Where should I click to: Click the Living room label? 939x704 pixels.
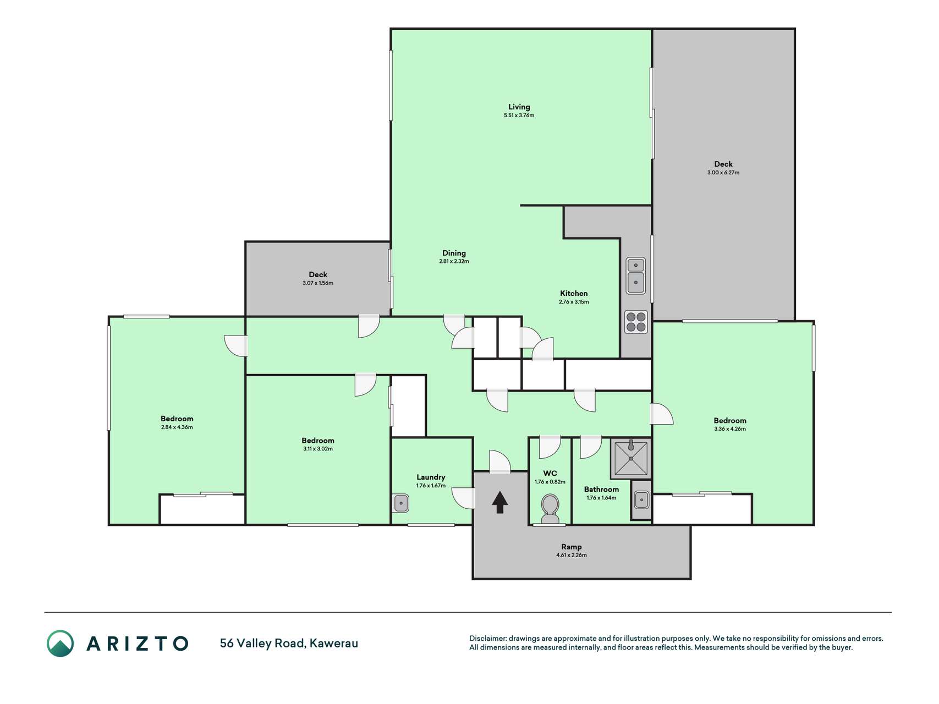point(519,107)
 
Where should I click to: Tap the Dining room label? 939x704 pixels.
point(454,253)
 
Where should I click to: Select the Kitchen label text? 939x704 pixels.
point(574,293)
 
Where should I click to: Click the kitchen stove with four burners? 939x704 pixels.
point(636,322)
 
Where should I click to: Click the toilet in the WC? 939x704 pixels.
point(550,509)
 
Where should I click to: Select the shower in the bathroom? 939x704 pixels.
point(631,458)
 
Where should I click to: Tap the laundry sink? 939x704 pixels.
point(401,503)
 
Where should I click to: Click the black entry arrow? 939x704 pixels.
point(499,502)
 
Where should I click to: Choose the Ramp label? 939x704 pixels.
point(571,547)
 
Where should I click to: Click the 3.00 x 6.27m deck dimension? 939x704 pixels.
point(723,173)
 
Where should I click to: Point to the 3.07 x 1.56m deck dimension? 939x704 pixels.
point(318,283)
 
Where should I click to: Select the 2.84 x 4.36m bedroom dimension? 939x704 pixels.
point(177,427)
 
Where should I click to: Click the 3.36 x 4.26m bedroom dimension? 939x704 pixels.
point(730,429)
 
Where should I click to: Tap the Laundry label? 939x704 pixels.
point(431,477)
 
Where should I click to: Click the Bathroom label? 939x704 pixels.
point(601,490)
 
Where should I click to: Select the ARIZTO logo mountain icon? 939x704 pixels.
point(60,643)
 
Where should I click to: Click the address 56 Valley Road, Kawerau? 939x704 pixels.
point(289,643)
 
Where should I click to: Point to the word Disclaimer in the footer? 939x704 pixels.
point(488,639)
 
